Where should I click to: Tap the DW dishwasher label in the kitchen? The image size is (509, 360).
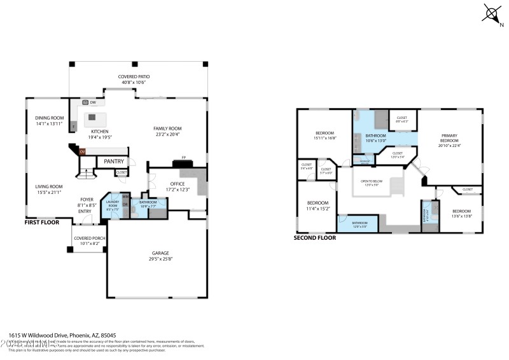coord(93,102)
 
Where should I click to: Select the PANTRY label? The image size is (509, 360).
coord(114,162)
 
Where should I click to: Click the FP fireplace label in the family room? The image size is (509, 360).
coord(184,157)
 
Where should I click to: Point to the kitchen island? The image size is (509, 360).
coord(95,117)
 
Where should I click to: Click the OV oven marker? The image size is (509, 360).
coord(82,151)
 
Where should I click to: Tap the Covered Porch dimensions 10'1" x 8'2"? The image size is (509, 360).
coord(90,243)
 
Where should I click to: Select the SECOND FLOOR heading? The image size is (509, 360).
coord(314,238)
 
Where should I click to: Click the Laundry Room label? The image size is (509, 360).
coord(112,204)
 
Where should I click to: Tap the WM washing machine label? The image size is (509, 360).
coord(125,197)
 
